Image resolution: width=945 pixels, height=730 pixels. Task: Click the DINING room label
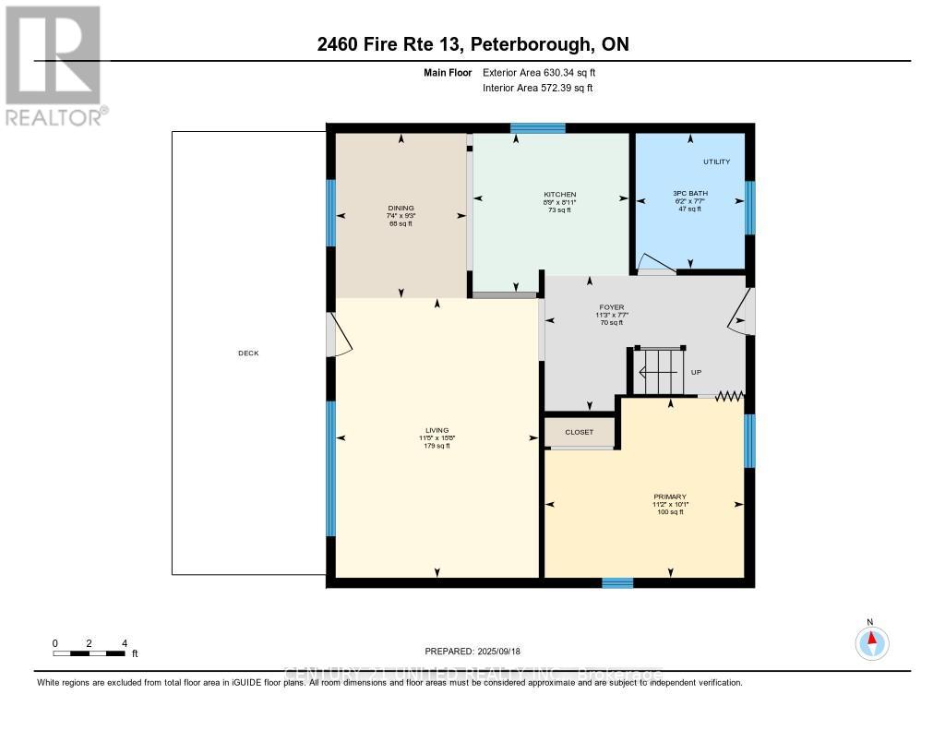(401, 209)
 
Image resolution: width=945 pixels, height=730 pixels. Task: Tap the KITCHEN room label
(559, 195)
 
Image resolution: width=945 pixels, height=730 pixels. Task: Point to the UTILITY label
(716, 162)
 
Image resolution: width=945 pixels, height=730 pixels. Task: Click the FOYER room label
(611, 307)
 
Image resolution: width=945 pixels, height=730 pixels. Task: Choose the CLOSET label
(580, 432)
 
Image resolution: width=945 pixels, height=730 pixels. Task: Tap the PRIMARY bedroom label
(671, 497)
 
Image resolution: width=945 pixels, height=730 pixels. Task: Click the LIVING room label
(437, 431)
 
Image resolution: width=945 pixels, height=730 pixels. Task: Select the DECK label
(248, 353)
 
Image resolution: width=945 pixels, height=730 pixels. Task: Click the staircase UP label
(699, 373)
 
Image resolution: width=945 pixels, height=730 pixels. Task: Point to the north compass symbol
(870, 641)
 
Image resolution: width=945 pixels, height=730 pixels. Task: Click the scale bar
(90, 653)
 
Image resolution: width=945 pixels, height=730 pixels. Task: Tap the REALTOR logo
(54, 66)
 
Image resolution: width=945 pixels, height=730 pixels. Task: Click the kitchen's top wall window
(538, 128)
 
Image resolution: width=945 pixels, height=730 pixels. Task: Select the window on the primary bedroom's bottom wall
(617, 582)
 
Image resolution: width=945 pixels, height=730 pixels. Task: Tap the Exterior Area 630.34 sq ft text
(545, 72)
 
